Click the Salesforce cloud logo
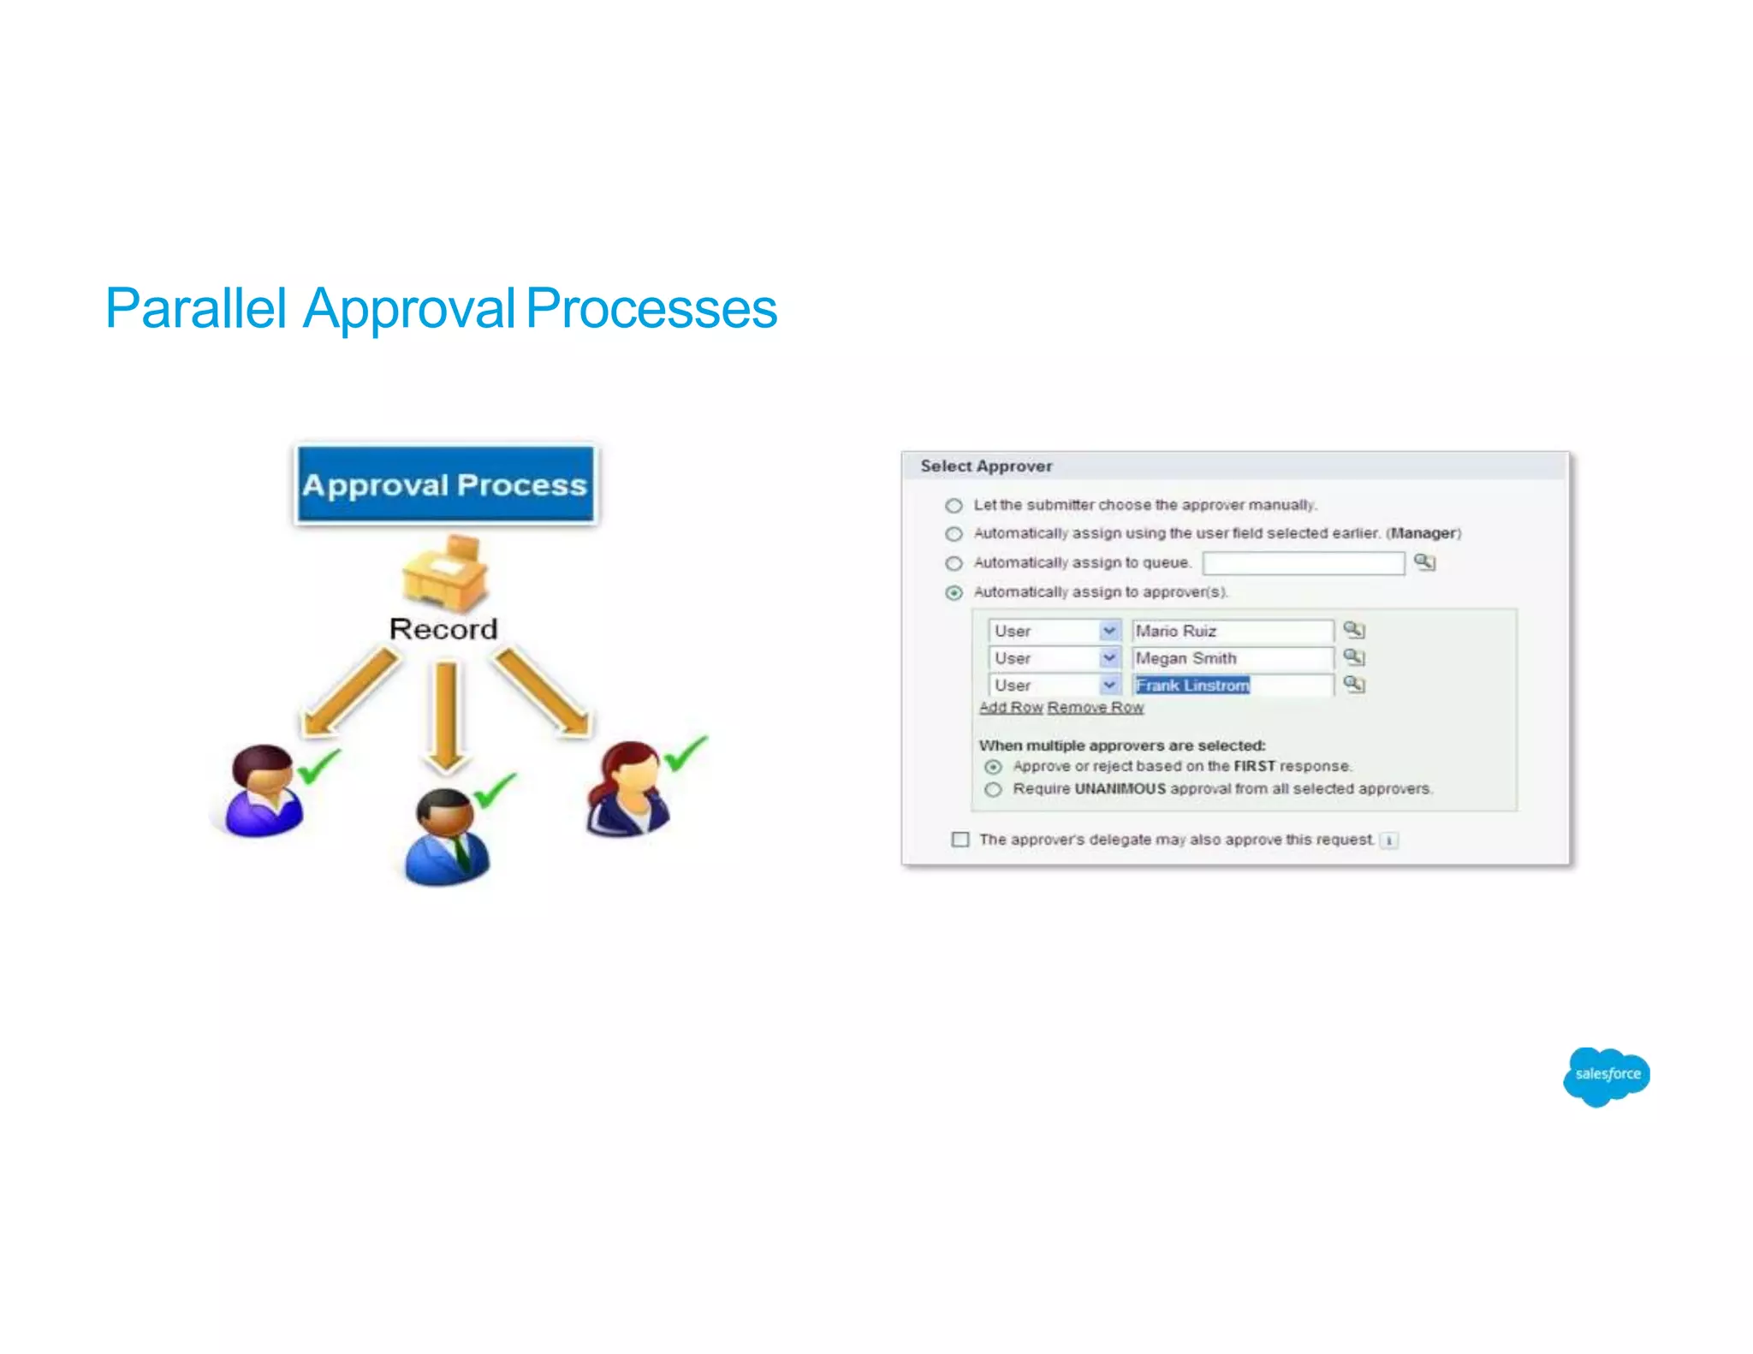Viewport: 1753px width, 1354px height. [x=1606, y=1075]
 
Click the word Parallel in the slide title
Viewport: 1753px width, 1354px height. [x=195, y=308]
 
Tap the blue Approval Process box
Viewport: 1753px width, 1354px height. [x=445, y=484]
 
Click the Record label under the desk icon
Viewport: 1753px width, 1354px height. [x=443, y=629]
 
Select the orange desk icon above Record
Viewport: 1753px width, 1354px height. [x=446, y=572]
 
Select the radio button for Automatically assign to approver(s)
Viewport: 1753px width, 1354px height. [x=954, y=592]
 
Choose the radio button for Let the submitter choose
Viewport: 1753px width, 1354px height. [x=954, y=505]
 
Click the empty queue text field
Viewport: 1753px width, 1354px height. [x=1303, y=562]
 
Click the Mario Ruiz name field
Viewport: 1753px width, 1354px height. [x=1231, y=631]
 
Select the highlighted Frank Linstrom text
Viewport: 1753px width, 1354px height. [x=1192, y=686]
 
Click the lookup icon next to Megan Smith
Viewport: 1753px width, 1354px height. [x=1353, y=657]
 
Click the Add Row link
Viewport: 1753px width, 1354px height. [x=1011, y=708]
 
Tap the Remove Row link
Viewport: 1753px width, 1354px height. [x=1095, y=708]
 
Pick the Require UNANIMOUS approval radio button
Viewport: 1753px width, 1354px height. [x=993, y=789]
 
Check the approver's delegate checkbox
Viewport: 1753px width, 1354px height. [x=960, y=840]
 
